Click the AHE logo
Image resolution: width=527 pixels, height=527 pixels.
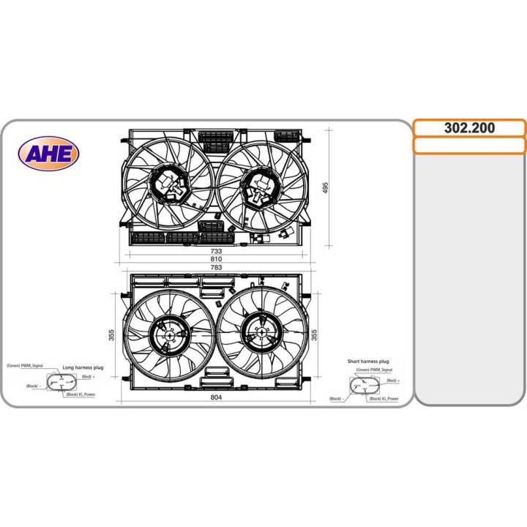(49, 154)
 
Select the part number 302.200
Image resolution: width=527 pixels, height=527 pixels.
(469, 128)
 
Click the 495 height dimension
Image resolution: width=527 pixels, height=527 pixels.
(326, 187)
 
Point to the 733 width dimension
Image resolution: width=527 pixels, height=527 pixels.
(216, 251)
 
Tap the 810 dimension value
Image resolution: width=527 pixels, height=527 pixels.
(216, 259)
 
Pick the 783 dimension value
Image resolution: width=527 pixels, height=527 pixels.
(216, 267)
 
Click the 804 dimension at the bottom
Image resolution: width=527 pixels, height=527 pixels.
(216, 397)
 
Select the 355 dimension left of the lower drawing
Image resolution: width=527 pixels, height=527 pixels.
(112, 334)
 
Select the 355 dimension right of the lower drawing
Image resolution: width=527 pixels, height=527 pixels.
(315, 334)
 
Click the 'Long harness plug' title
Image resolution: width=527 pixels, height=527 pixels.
(83, 367)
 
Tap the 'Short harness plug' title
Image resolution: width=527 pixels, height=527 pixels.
(368, 362)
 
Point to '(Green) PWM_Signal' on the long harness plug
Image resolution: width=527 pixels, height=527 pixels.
(25, 365)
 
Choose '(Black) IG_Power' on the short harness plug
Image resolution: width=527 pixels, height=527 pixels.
(384, 399)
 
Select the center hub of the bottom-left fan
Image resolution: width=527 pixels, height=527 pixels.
(169, 336)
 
